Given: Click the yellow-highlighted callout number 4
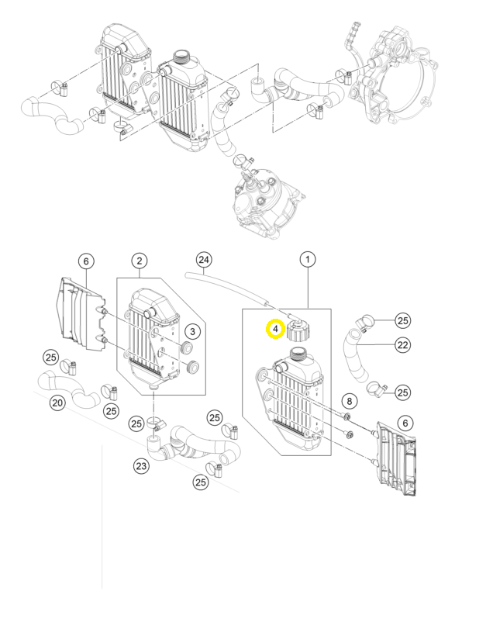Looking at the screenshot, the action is pos(275,329).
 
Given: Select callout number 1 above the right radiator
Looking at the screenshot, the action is pos(308,260).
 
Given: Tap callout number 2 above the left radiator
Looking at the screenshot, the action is pos(140,261).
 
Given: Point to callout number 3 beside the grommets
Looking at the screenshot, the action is pos(192,331).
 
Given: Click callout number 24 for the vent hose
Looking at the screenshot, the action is pos(203,260).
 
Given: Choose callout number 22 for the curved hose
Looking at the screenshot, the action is pos(402,344).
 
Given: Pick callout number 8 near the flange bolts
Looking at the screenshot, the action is pos(349,401).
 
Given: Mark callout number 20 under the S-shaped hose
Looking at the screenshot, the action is pos(57,403).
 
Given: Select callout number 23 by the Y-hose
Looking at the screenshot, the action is pos(141,465).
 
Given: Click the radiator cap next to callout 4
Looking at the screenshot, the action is pos(298,328).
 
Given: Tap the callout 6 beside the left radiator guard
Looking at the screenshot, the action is pos(86,261).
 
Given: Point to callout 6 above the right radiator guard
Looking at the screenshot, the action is pos(405,423).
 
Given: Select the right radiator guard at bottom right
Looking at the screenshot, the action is pos(395,459).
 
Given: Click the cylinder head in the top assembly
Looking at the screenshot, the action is pos(267,203).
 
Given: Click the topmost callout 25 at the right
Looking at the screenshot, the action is pos(402,320).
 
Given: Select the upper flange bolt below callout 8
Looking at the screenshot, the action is pos(346,416).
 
